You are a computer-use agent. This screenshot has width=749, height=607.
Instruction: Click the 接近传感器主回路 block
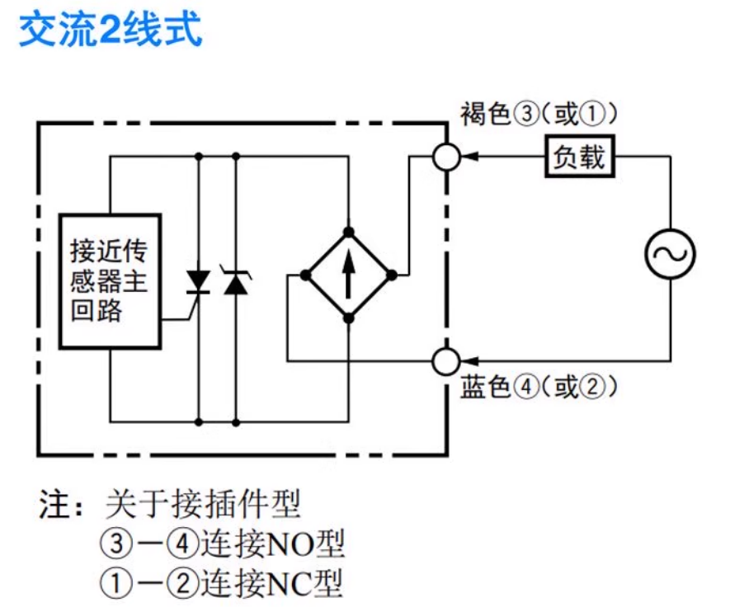[110, 281]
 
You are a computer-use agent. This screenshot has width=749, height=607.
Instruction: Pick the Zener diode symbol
[237, 282]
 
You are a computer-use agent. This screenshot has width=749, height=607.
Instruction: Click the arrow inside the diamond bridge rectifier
[349, 275]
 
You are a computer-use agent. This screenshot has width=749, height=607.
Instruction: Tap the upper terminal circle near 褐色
[446, 156]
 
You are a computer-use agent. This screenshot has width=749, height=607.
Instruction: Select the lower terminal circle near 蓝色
[446, 360]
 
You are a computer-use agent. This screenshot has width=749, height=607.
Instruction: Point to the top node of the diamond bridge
[349, 232]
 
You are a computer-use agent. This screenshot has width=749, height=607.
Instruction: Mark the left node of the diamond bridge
[306, 275]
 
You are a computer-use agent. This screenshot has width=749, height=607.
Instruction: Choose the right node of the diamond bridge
[392, 275]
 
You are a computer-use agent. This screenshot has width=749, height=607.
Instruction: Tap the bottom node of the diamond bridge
[349, 318]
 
